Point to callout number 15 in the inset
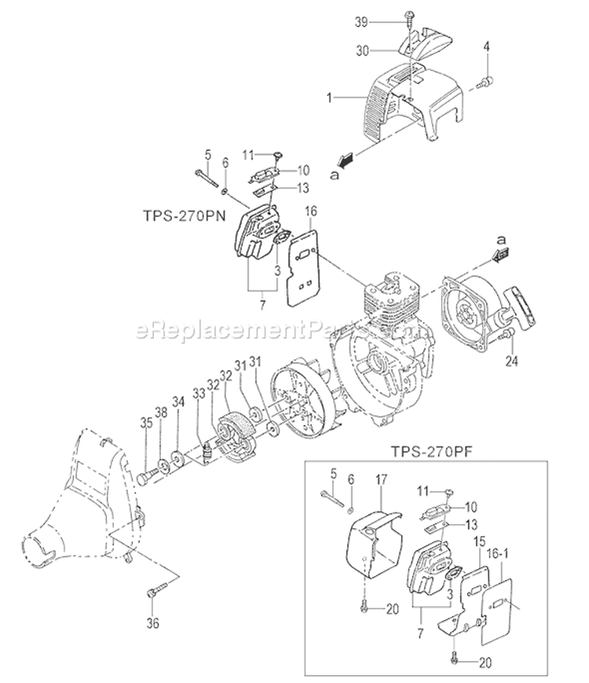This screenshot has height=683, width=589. click(x=480, y=542)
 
